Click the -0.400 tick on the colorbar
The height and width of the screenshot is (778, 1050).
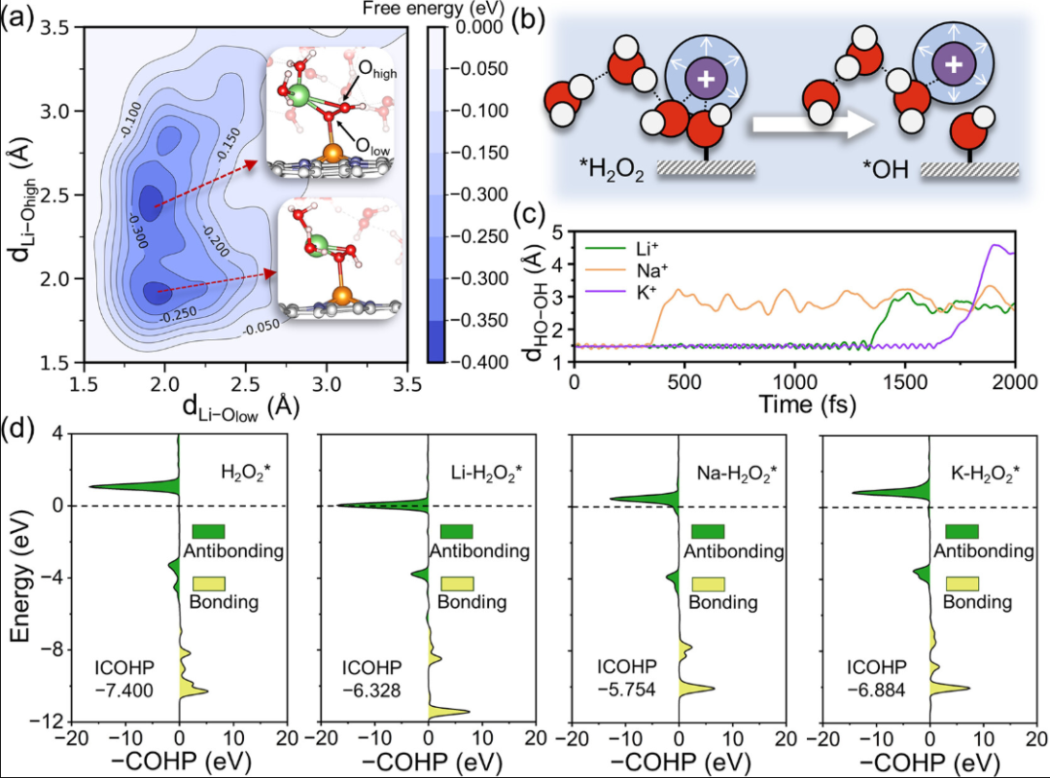pos(472,362)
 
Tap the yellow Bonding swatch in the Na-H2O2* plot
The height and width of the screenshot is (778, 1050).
pos(707,583)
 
